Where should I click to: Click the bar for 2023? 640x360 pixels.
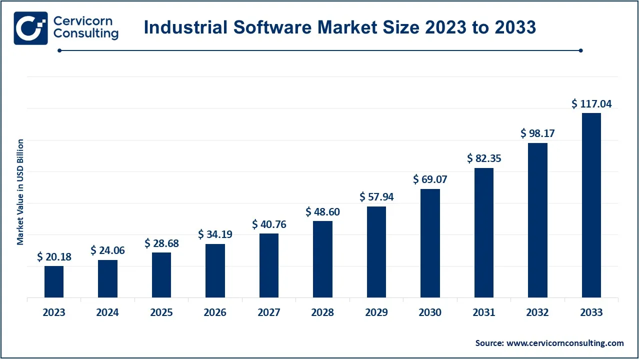tap(54, 281)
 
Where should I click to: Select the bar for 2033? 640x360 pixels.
tap(591, 205)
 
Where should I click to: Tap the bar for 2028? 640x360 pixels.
tap(322, 259)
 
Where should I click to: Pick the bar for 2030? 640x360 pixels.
tap(430, 243)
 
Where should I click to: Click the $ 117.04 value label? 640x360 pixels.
tap(591, 104)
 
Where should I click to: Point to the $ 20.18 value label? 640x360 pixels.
tap(54, 257)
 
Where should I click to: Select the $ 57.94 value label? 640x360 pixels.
tap(376, 197)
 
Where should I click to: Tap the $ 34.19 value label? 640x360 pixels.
tap(215, 234)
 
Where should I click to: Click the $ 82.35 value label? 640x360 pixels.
tap(484, 158)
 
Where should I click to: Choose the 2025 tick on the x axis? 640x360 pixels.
tap(161, 313)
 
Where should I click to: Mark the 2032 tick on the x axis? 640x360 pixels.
tap(537, 313)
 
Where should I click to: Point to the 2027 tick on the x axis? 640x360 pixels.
tap(269, 313)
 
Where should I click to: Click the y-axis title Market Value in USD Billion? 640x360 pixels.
tap(20, 192)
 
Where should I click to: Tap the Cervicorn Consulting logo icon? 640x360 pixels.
tap(31, 28)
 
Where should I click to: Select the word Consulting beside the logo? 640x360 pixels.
tap(86, 34)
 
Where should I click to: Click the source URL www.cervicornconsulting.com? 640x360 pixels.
tap(565, 343)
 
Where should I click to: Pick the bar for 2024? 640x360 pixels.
tap(107, 278)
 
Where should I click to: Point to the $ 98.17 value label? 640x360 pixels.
tap(537, 133)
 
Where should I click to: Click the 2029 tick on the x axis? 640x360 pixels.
tap(376, 313)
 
